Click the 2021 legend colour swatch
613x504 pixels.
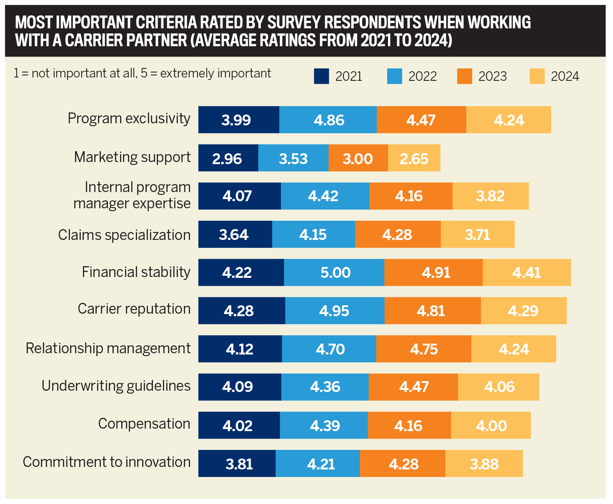point(321,77)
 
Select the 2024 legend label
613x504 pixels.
point(565,77)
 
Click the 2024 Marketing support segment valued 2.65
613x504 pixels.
point(414,158)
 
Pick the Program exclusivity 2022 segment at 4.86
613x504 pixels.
point(328,120)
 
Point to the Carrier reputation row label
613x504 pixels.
point(134,309)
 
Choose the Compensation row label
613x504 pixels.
point(144,424)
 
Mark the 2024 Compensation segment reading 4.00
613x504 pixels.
point(491,426)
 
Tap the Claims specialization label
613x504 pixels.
point(124,235)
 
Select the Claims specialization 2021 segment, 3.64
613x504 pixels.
point(235,235)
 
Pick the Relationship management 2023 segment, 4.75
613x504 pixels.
point(423,349)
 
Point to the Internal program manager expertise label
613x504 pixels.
point(132,195)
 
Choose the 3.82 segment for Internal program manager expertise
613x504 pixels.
point(490,196)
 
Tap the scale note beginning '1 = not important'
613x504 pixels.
point(143,73)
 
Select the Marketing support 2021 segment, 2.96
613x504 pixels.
point(228,158)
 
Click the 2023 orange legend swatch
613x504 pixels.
point(465,77)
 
